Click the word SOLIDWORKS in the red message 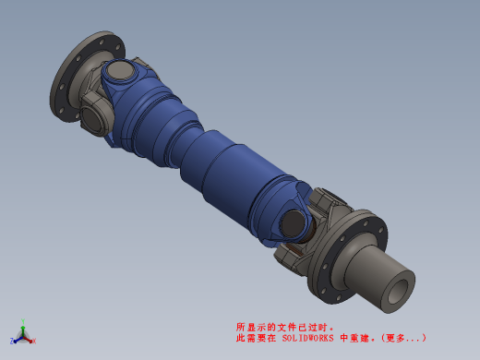[307, 338]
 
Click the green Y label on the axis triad [23, 321]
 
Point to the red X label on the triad [34, 341]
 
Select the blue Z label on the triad [12, 341]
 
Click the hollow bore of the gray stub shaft [398, 292]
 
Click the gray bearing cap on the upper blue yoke [120, 71]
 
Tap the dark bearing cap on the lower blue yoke [293, 224]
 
